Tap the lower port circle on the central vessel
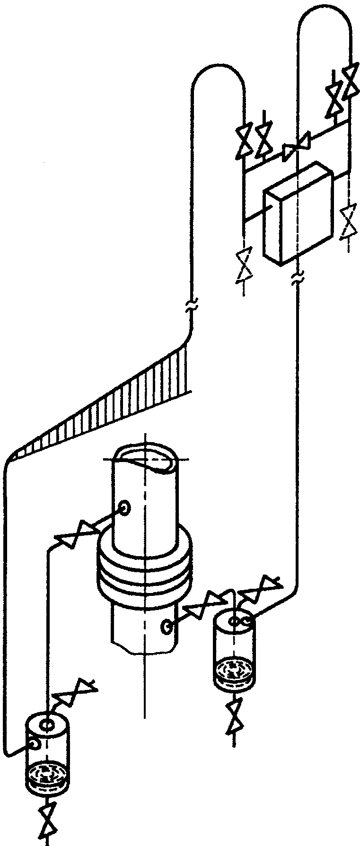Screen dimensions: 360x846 pyautogui.click(x=167, y=627)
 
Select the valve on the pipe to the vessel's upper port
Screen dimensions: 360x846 pyautogui.click(x=76, y=534)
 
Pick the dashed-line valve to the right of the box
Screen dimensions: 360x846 pyautogui.click(x=349, y=220)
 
